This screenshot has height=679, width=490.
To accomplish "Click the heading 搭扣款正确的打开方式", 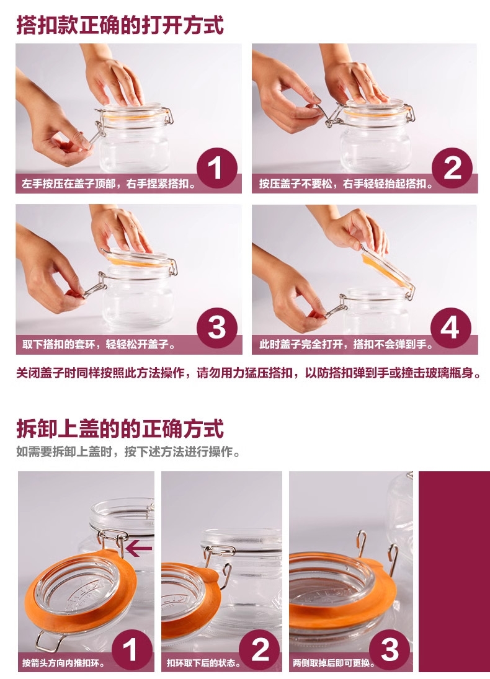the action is pyautogui.click(x=120, y=25).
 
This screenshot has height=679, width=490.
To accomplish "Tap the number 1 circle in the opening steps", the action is pyautogui.click(x=216, y=168).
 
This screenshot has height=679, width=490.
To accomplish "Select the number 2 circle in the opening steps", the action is pyautogui.click(x=452, y=168).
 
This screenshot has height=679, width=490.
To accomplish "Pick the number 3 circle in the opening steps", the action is pyautogui.click(x=216, y=328).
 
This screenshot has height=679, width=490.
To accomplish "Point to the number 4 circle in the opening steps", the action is pyautogui.click(x=450, y=328).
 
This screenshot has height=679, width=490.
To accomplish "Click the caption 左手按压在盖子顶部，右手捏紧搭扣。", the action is pyautogui.click(x=109, y=184).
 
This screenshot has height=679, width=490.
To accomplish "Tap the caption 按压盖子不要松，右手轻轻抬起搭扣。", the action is pyautogui.click(x=345, y=184).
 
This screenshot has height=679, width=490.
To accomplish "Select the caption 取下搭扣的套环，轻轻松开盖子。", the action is pyautogui.click(x=99, y=345).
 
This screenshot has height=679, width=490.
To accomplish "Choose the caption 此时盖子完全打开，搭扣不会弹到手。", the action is pyautogui.click(x=345, y=345).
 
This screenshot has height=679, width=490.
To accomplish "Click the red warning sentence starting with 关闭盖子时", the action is pyautogui.click(x=248, y=373).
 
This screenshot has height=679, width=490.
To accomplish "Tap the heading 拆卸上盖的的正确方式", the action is pyautogui.click(x=120, y=428).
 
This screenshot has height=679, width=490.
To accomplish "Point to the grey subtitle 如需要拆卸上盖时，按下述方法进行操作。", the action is pyautogui.click(x=128, y=452).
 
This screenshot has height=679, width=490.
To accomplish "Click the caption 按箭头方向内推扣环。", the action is pyautogui.click(x=63, y=663).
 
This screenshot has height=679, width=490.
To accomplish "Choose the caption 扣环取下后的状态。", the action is pyautogui.click(x=203, y=663).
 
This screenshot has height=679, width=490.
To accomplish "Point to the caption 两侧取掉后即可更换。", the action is pyautogui.click(x=334, y=663).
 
